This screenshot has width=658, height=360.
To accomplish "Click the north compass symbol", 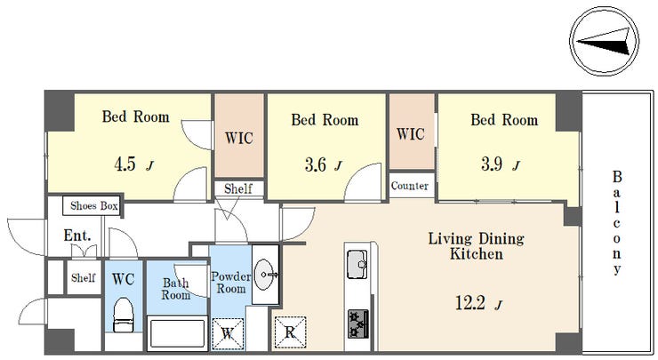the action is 604,41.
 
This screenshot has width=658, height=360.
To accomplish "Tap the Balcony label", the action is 616,222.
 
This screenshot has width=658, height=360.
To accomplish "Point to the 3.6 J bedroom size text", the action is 323,164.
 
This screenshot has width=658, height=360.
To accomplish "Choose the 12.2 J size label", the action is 478,302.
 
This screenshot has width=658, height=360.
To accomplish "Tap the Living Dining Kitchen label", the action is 477,246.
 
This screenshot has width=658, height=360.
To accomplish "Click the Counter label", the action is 410,186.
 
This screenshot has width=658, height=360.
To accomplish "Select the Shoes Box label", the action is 93,205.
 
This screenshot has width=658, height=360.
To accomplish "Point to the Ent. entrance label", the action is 77,236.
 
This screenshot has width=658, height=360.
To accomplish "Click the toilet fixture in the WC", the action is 124,315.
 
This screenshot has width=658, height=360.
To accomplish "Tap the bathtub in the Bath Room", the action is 177,332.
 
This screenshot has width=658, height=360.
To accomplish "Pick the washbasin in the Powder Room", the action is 266,275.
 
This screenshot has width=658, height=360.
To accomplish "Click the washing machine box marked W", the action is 228,334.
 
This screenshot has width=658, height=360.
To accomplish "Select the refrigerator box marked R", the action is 290,332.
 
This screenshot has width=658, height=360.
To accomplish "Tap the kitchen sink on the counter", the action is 357,264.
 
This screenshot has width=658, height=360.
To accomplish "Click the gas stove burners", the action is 358,324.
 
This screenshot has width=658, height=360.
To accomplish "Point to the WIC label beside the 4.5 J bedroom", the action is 239,138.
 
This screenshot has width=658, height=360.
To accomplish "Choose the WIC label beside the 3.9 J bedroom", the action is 411,134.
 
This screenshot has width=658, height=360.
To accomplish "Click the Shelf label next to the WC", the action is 83,277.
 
